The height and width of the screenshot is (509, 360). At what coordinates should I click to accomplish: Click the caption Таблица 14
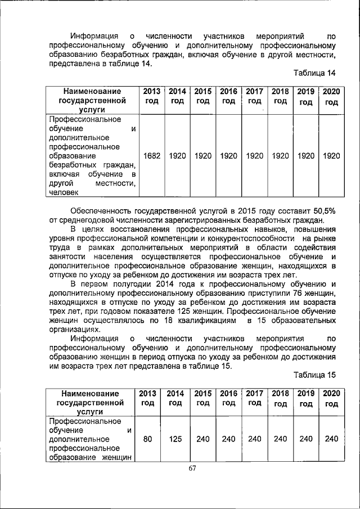click(314, 74)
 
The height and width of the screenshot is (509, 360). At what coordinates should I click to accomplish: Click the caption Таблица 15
click(314, 375)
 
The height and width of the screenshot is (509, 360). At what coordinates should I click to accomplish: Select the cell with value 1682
click(152, 155)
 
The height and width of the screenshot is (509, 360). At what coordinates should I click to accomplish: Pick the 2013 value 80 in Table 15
click(147, 439)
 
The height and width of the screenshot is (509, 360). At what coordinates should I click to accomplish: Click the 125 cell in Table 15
click(175, 439)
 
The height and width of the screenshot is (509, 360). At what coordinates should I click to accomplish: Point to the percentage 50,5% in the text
click(323, 210)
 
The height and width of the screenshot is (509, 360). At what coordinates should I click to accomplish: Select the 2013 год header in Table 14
click(152, 96)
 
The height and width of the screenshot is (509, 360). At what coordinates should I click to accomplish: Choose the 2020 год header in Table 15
click(331, 398)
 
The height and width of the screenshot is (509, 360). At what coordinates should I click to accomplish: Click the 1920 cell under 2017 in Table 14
click(255, 155)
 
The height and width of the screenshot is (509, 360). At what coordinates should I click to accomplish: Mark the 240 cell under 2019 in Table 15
click(306, 439)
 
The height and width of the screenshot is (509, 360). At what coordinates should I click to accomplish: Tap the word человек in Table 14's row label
click(64, 192)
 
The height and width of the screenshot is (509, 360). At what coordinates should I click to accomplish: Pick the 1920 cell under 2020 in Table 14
click(331, 155)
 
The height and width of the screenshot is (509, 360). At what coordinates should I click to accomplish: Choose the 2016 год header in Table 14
click(228, 96)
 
